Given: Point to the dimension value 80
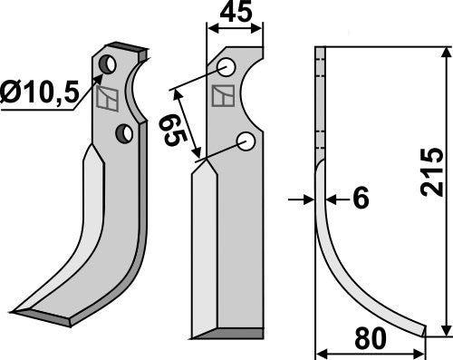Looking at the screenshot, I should coord(369,340).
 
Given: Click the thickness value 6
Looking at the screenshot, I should coord(360,199).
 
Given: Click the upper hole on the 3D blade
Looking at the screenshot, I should coord(109,64).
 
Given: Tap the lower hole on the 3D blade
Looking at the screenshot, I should coord(124,134).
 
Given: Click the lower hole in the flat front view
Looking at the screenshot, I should coord(245,140).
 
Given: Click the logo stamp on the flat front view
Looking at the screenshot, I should coord(221,95).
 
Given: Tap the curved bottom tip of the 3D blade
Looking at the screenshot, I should coord(41,314).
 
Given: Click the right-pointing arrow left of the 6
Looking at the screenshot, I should coord(307,199).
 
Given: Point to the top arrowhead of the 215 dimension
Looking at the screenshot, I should coord(444,51).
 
